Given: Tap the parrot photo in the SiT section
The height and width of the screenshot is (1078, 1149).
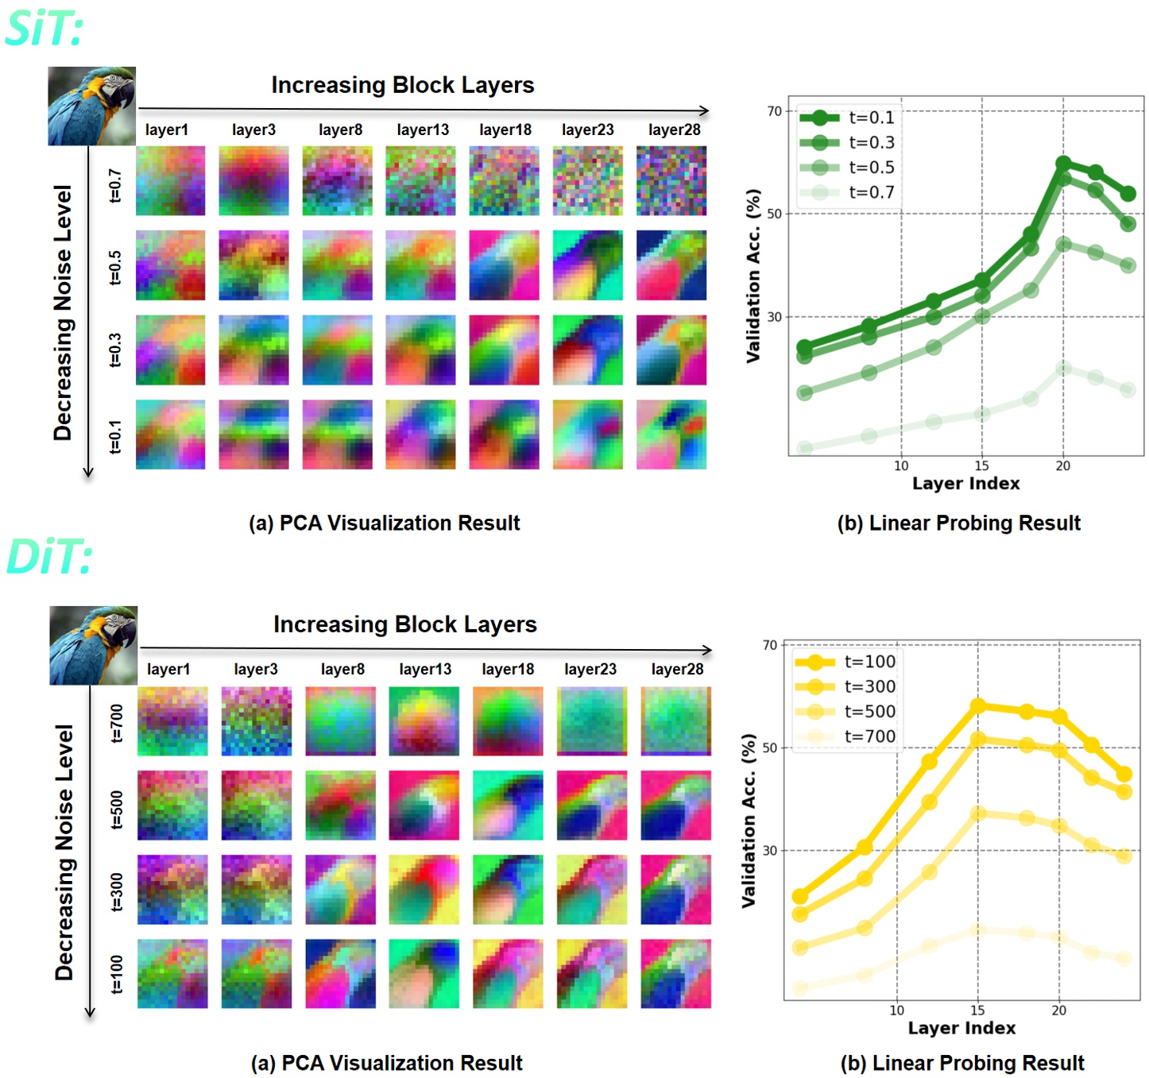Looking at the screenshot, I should tap(91, 106).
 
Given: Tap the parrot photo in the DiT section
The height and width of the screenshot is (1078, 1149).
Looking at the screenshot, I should tap(93, 645).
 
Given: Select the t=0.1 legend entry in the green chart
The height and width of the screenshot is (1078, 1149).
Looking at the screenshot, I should tap(847, 118).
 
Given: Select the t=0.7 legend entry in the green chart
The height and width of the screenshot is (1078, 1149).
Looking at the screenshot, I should tap(847, 192).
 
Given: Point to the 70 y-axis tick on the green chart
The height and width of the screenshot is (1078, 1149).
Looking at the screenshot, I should tap(774, 111).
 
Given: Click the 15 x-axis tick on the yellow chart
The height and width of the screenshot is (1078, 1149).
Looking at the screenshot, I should tap(977, 1010).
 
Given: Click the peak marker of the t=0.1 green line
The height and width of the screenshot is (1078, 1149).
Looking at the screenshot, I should tap(1063, 164).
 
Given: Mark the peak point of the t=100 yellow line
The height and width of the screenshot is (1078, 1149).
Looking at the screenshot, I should tap(978, 705).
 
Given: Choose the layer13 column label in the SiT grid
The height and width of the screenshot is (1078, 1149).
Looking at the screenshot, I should tap(423, 129).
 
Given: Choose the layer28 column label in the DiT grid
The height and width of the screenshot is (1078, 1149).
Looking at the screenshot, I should tap(677, 669).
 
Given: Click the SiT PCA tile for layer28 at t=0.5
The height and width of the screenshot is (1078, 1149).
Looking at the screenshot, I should tap(671, 265).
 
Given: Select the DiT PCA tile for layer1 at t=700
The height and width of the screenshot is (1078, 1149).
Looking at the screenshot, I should tap(172, 721).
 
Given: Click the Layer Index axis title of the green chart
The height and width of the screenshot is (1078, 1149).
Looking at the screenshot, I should tap(965, 483).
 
